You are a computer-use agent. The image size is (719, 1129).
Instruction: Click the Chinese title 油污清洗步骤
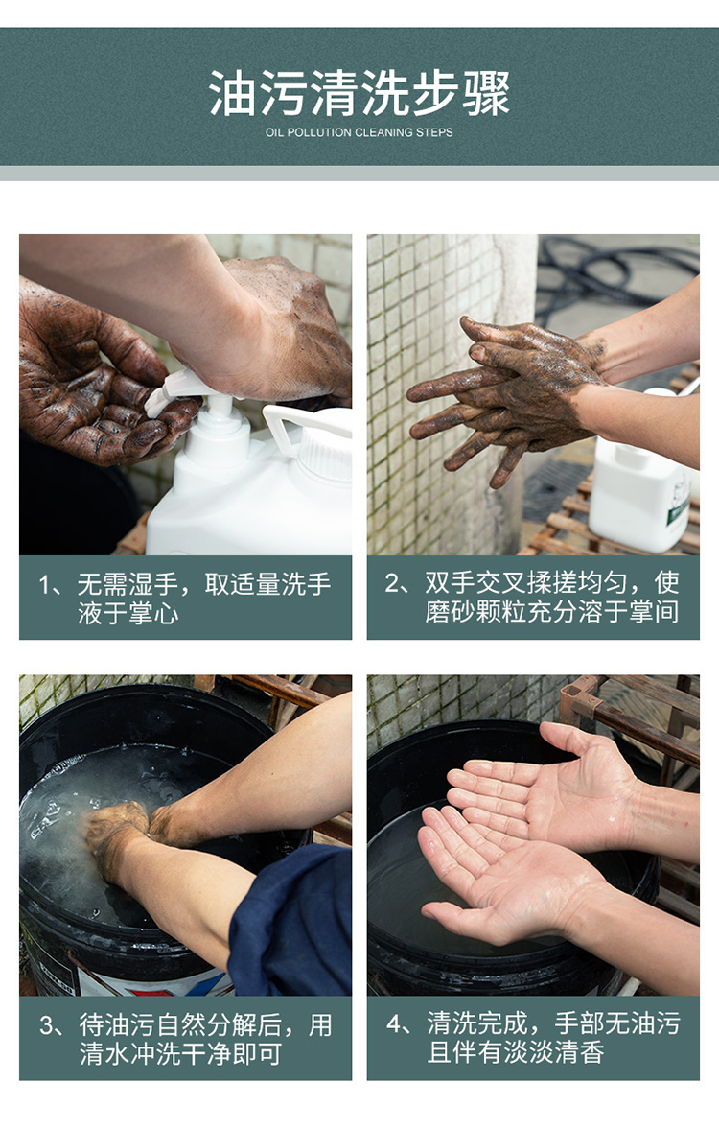click(359, 94)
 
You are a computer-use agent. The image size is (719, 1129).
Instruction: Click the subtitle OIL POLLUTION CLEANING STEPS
click(359, 132)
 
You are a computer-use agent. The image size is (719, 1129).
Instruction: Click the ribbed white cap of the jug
click(325, 453)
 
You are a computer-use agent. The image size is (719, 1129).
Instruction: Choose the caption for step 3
click(185, 1039)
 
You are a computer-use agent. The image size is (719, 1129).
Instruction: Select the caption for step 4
click(533, 1038)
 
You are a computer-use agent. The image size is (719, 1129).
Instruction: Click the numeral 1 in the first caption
click(45, 585)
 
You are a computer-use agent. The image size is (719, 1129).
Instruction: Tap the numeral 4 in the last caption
click(393, 1023)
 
